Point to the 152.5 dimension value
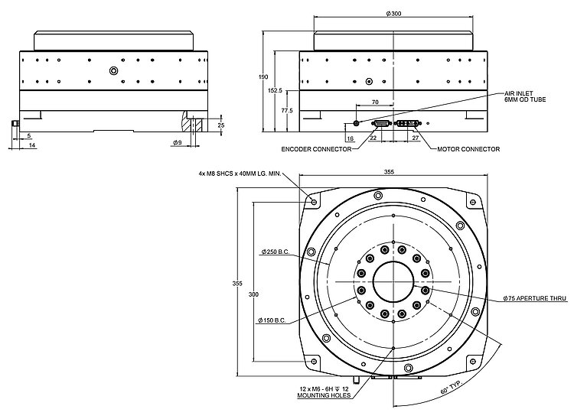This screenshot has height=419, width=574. tap(276, 90)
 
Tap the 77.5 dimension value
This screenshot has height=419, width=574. tap(287, 111)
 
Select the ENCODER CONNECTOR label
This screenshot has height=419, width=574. tap(317, 149)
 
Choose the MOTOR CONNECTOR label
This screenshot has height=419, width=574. tap(468, 149)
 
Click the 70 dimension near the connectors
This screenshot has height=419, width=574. tap(374, 102)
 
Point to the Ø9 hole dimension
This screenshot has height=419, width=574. tap(176, 143)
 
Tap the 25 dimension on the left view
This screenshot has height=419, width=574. tap(220, 124)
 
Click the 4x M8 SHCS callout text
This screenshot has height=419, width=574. tap(240, 174)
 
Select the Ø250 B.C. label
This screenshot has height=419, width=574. tap(273, 252)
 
